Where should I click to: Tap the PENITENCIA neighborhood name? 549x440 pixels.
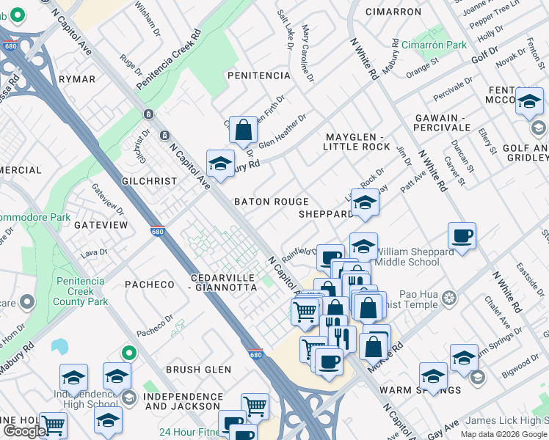tap(259, 76)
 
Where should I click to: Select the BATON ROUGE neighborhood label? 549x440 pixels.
tap(271, 202)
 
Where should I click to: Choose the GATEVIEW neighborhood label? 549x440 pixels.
tap(101, 225)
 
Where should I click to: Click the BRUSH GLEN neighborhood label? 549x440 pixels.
tap(198, 370)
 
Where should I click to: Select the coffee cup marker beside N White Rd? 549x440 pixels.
tap(462, 235)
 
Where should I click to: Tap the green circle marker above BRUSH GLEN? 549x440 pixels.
tap(129, 353)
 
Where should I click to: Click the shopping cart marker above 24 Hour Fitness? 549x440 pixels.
tap(255, 406)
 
